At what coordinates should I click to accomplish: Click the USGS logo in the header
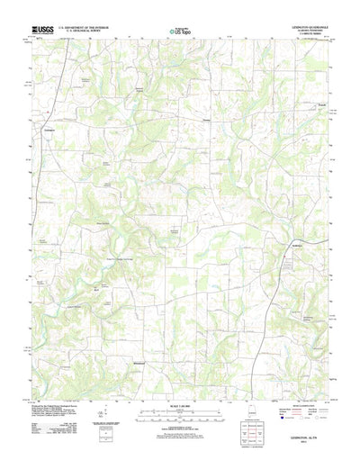coord(44,29)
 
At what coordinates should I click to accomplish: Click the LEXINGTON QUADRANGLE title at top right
coord(303,26)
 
